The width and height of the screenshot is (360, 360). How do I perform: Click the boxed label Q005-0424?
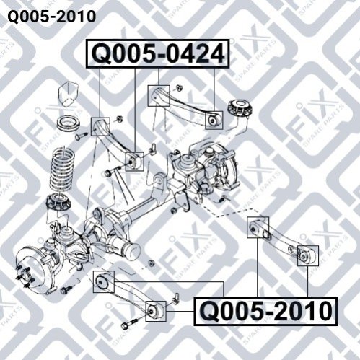point(157,53)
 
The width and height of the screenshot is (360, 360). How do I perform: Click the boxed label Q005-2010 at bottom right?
point(265,311)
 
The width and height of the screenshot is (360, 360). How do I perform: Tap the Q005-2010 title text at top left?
point(52,17)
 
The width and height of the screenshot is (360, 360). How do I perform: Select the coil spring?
point(62,169)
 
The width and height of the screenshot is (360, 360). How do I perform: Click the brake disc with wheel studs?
point(36,268)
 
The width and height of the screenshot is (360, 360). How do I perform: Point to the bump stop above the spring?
point(69,95)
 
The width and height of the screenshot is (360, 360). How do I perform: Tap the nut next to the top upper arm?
point(178,87)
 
